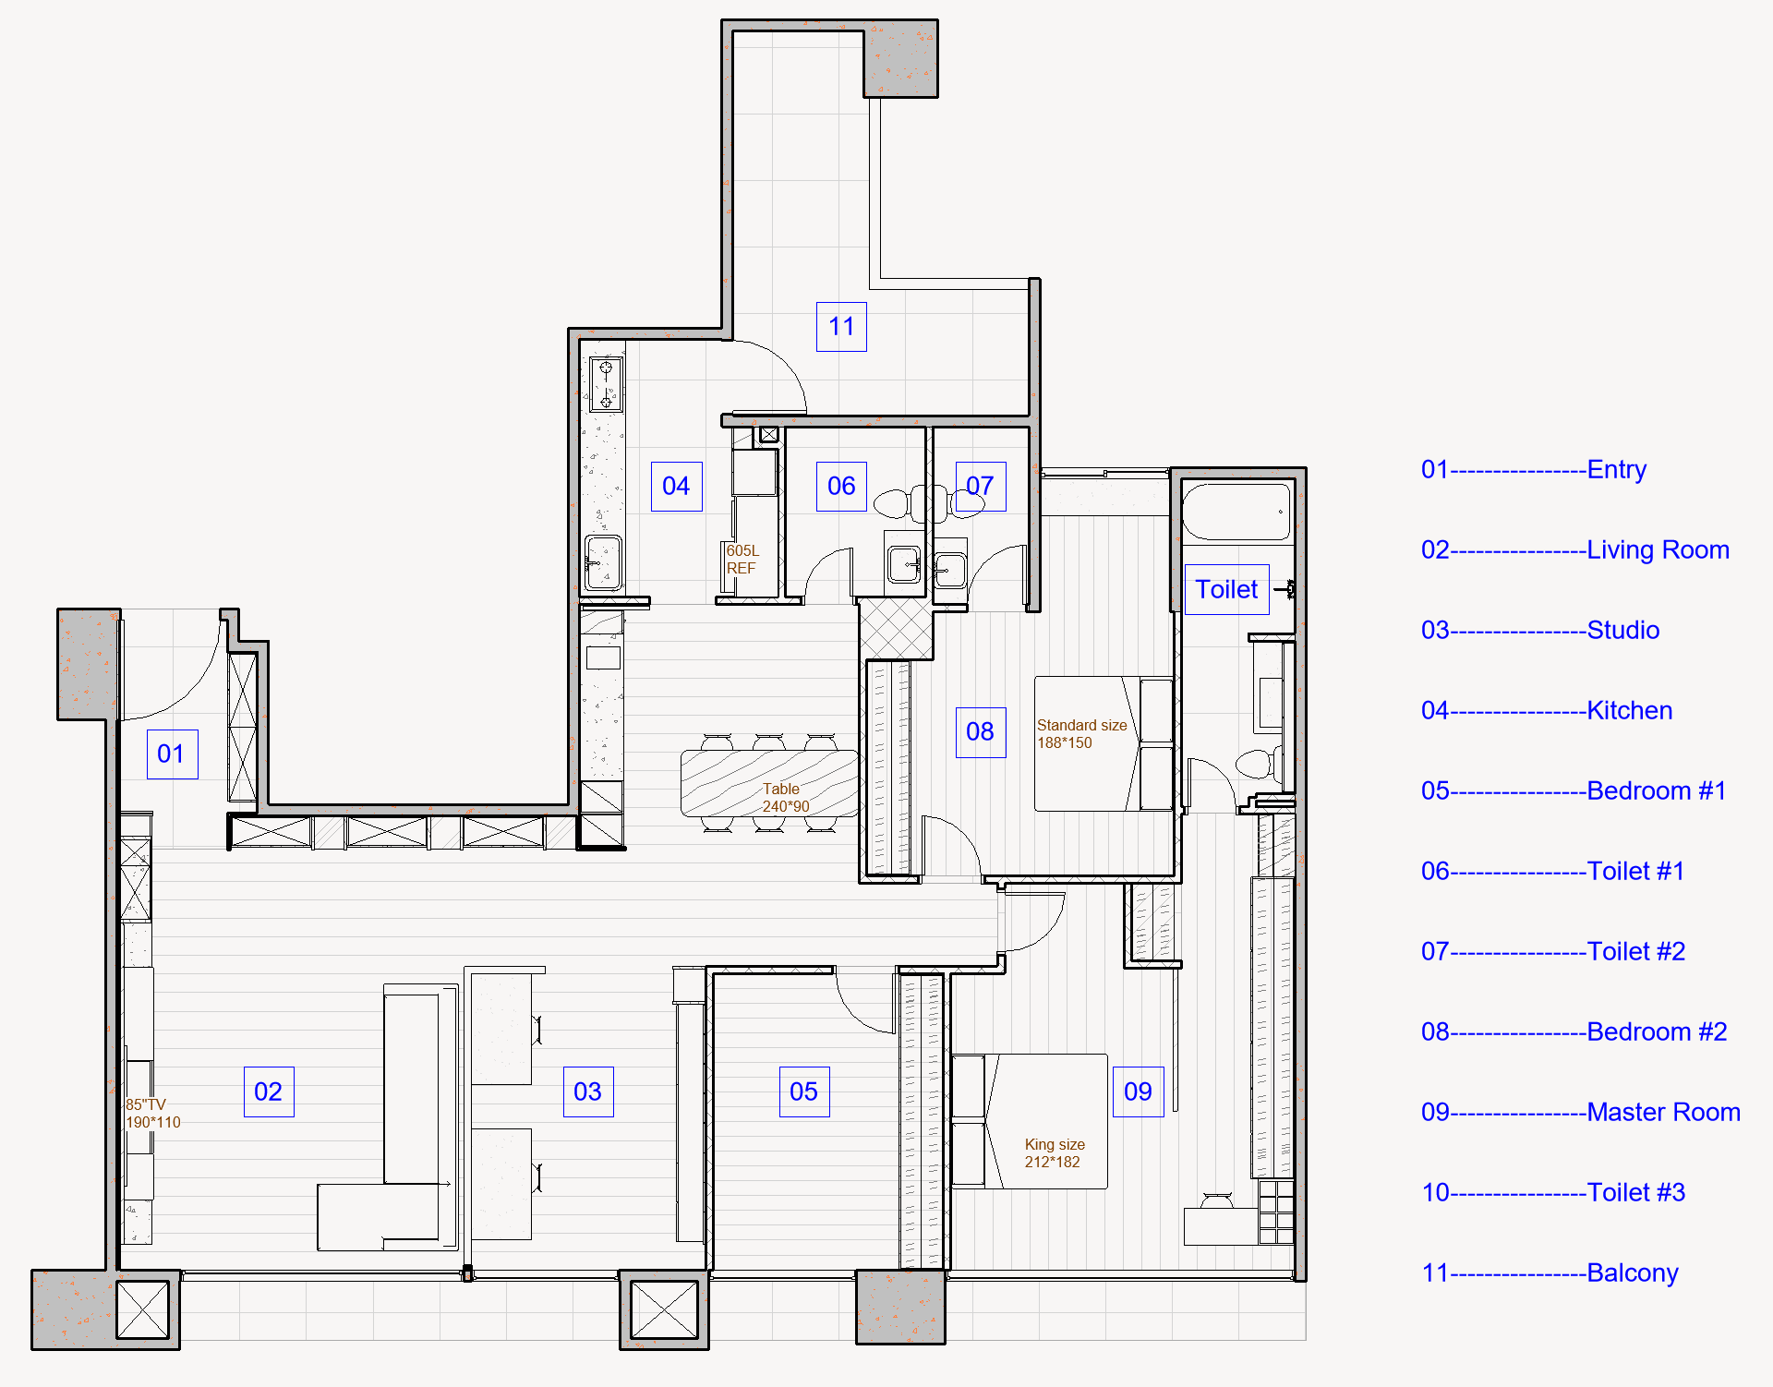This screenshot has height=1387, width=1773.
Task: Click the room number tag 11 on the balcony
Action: (x=841, y=327)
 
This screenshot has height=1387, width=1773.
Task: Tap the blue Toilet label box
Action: (x=1227, y=589)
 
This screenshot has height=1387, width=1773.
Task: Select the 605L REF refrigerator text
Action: (x=742, y=560)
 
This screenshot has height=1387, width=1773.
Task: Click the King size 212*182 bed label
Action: (x=1054, y=1153)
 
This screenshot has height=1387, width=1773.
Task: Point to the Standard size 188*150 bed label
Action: (x=1081, y=734)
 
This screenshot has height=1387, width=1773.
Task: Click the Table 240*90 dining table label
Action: (x=785, y=798)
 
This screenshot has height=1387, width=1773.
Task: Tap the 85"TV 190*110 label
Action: (x=153, y=1114)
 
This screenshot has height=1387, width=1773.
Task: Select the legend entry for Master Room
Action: (x=1581, y=1112)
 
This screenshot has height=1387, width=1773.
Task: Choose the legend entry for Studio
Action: (x=1540, y=630)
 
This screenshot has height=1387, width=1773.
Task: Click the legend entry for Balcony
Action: (x=1550, y=1272)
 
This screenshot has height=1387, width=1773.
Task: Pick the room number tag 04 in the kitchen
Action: (x=677, y=487)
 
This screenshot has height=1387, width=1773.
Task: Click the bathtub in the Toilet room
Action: (x=1236, y=512)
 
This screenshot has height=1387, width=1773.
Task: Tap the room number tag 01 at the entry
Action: (x=172, y=754)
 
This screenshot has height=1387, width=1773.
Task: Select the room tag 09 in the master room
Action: (x=1138, y=1092)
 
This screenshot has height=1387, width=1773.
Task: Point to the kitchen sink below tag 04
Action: (x=603, y=562)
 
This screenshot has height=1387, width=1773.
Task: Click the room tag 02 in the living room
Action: (x=269, y=1092)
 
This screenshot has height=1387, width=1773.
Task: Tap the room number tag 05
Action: (x=804, y=1092)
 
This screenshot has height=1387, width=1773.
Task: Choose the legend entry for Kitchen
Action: (x=1547, y=710)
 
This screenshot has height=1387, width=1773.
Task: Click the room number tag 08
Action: (x=981, y=732)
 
